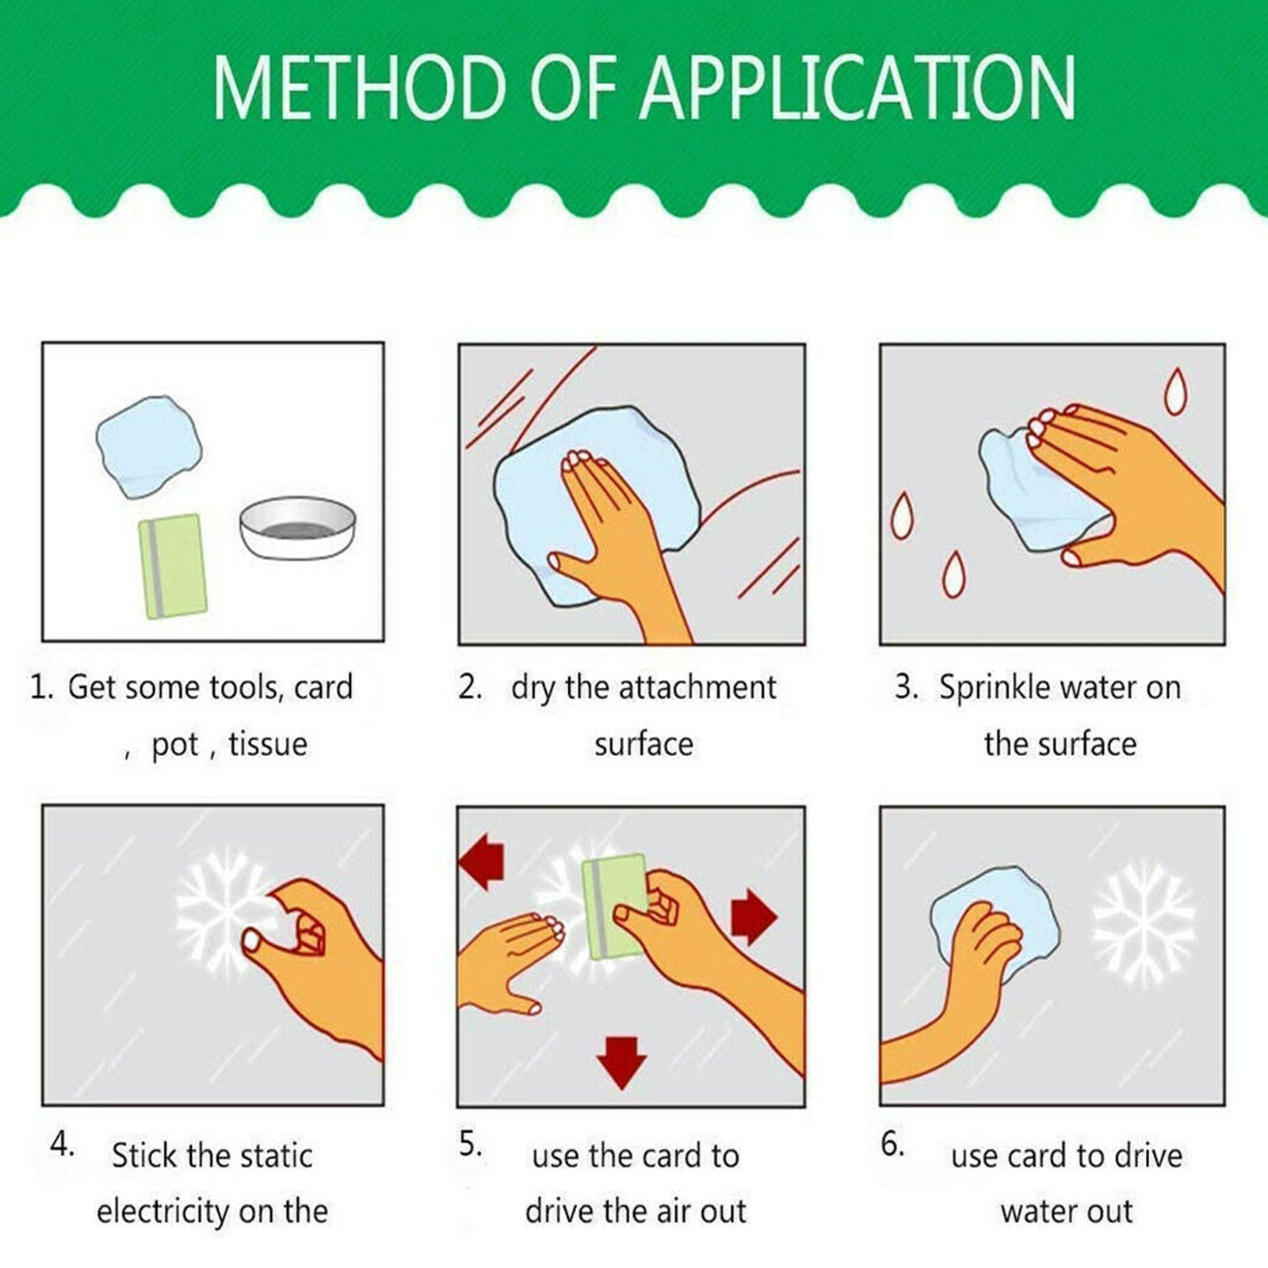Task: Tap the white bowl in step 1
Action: (298, 528)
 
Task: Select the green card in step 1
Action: (173, 566)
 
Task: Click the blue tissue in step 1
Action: (148, 446)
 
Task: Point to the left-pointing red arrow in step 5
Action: (482, 864)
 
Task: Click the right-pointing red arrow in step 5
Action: (754, 916)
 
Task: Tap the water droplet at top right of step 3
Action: (1175, 391)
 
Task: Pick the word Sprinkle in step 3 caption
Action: (995, 688)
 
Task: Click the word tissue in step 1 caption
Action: (268, 744)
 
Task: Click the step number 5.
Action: (470, 1144)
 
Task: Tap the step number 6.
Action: (892, 1144)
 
